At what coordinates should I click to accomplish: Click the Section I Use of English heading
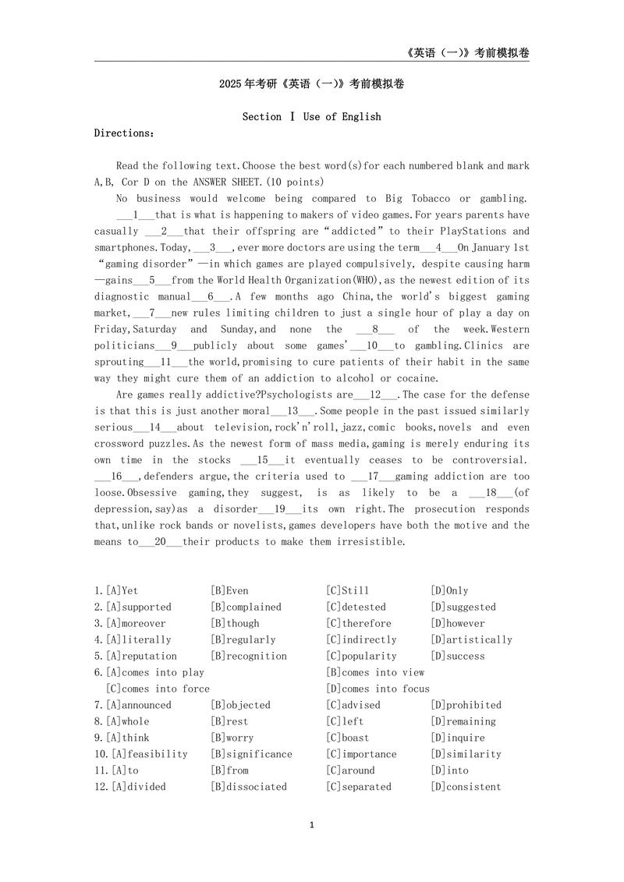tap(311, 116)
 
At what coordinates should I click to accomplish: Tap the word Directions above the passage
tap(124, 133)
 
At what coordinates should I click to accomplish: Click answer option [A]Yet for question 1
tap(121, 590)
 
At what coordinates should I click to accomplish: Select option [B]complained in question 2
tap(246, 607)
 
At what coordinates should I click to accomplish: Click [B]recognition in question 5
tap(248, 656)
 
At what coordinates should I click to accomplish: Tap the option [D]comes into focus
tap(378, 689)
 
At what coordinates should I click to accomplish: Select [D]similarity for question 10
tap(466, 754)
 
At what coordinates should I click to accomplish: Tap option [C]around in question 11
tap(350, 770)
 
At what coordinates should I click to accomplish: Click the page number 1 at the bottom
tap(311, 825)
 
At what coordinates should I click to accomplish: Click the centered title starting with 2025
tap(311, 83)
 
